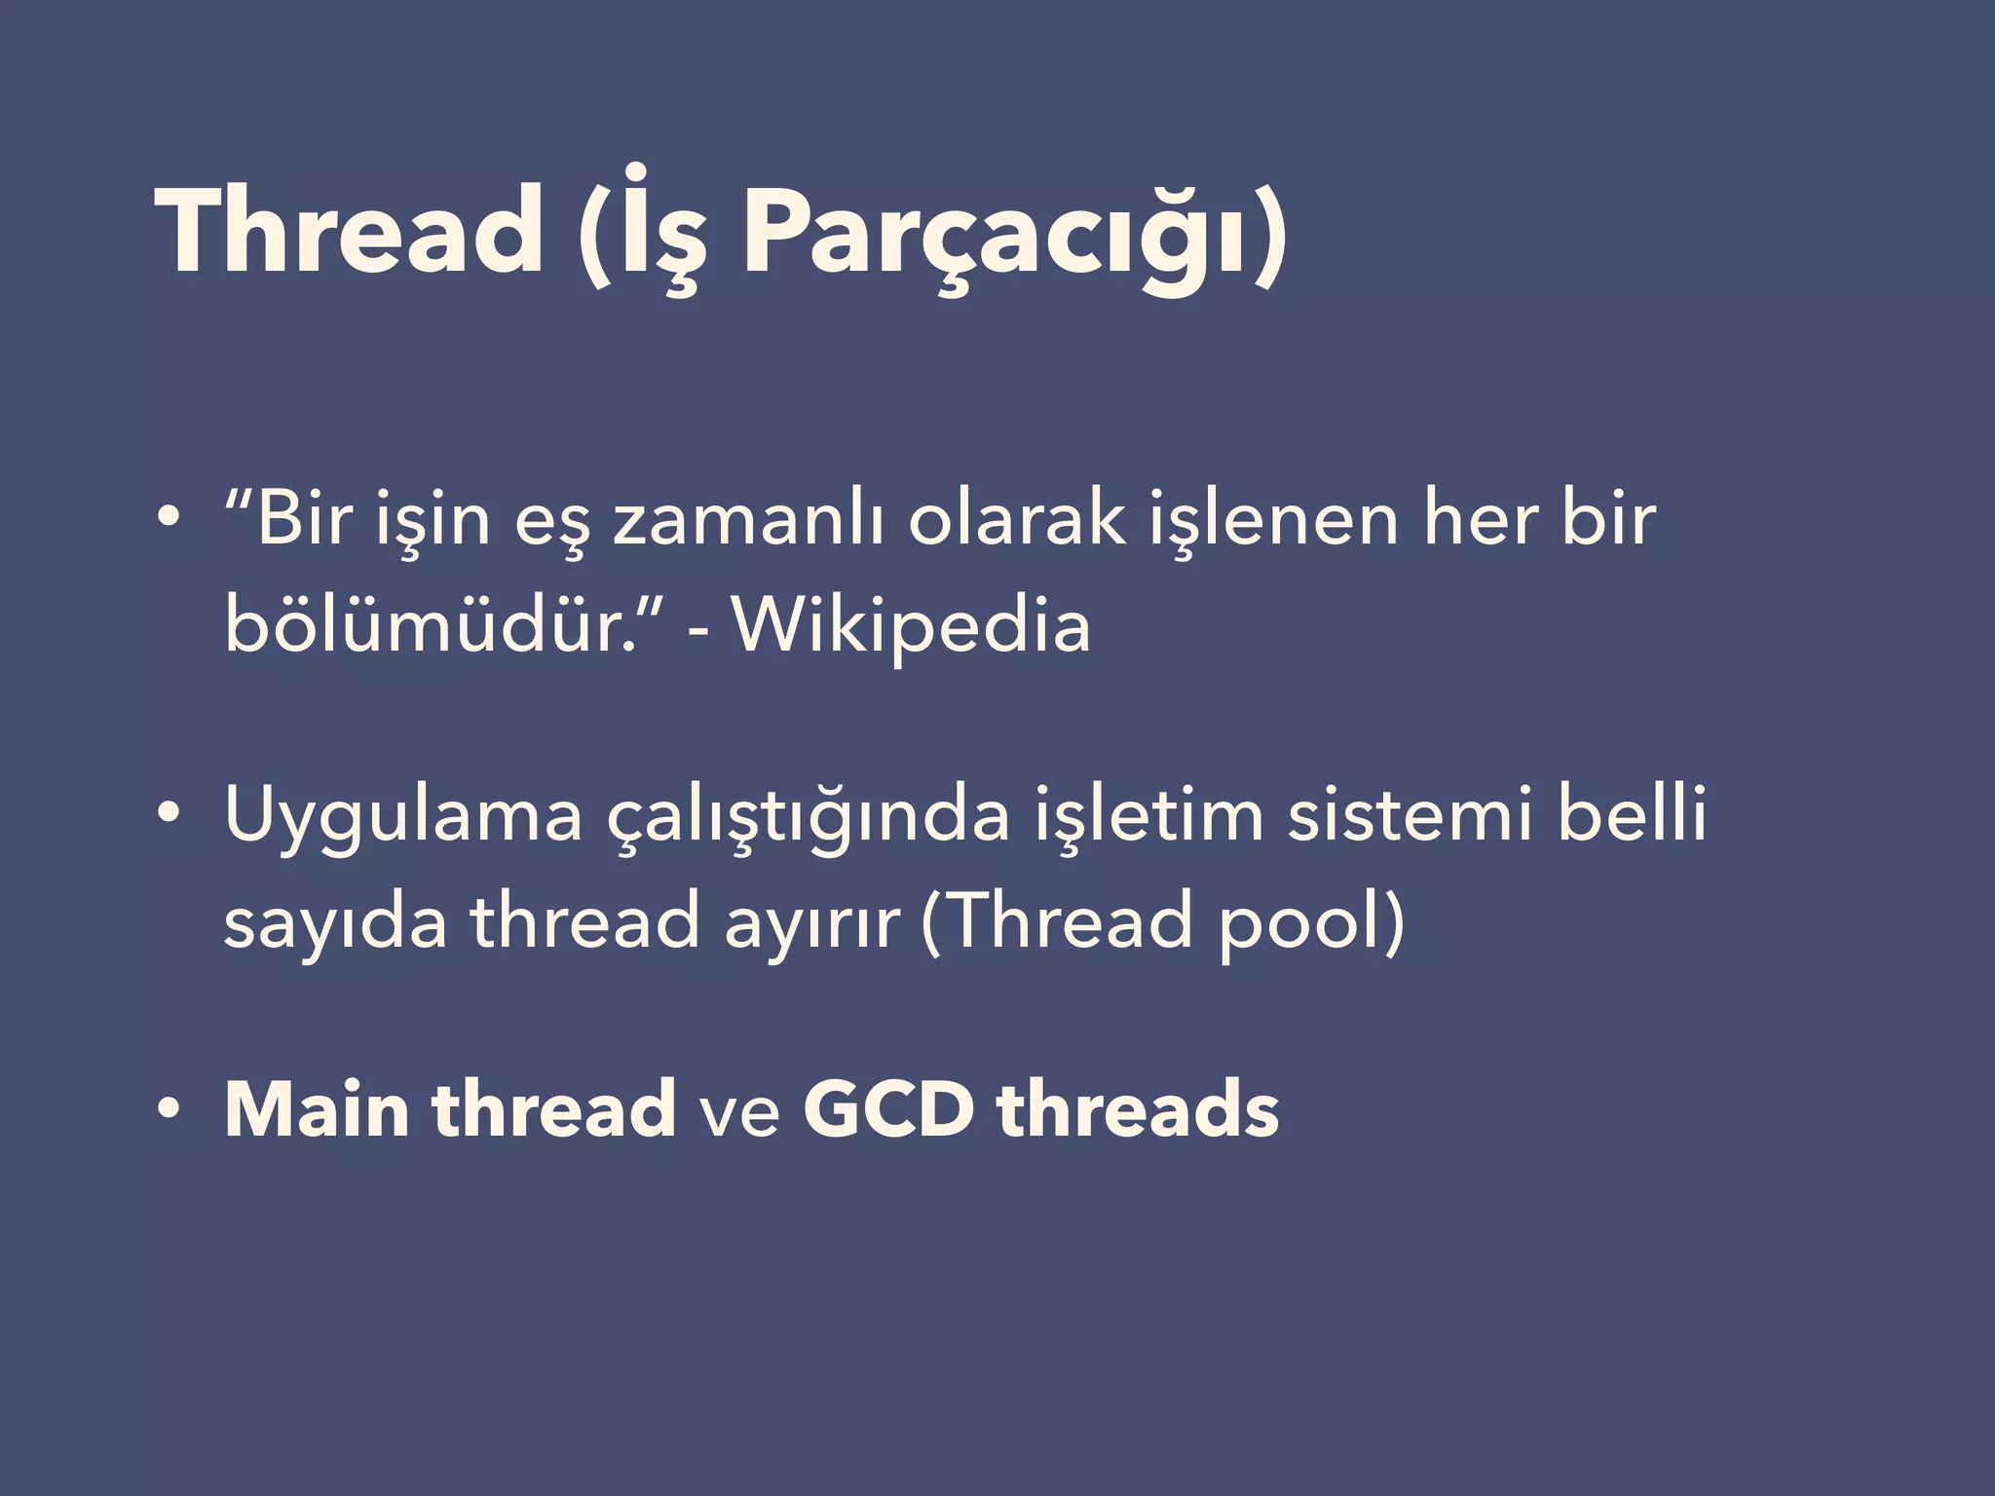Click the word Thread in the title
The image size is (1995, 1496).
pyautogui.click(x=348, y=232)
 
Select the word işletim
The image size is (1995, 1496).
pyautogui.click(x=1148, y=815)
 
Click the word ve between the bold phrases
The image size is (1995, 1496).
pyautogui.click(x=739, y=1112)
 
